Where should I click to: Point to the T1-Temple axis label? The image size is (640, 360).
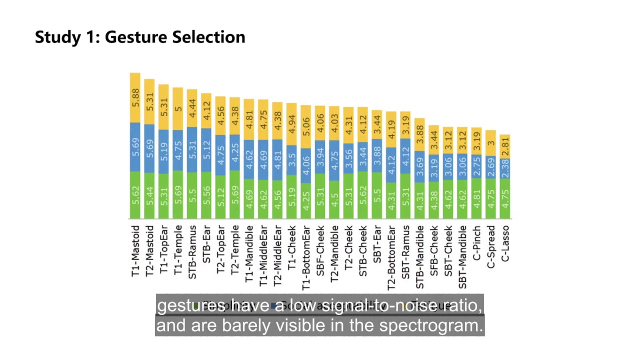click(x=178, y=250)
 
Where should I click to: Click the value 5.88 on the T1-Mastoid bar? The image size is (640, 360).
click(x=135, y=97)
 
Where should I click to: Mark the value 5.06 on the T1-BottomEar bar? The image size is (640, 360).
click(x=306, y=126)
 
